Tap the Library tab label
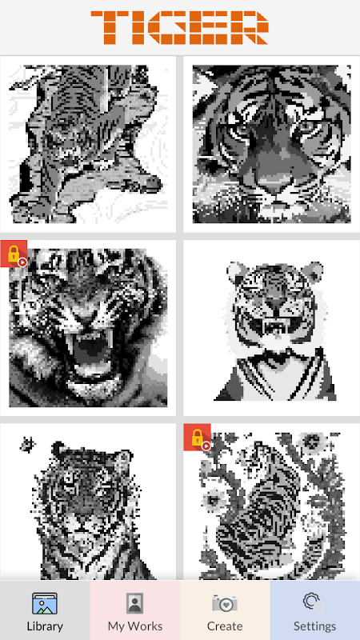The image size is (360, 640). tap(45, 626)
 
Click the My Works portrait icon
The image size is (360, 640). tap(134, 604)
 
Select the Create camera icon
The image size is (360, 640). tap(225, 604)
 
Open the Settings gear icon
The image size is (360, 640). tap(314, 603)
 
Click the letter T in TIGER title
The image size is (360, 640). tap(109, 27)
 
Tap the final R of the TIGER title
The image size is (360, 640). tap(249, 27)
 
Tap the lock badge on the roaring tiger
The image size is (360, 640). tap(14, 254)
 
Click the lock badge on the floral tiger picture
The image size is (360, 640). tap(197, 438)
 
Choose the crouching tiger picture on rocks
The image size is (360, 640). tap(88, 144)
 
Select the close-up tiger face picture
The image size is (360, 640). tap(271, 144)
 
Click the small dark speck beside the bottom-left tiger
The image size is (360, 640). tap(27, 445)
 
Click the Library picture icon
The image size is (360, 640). tap(45, 604)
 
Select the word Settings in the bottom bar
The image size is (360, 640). tap(314, 626)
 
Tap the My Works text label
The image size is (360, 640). tap(135, 626)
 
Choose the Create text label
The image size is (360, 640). tap(225, 626)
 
